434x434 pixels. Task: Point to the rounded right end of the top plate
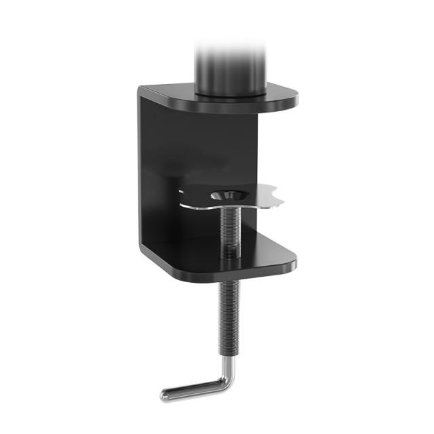pos(292,100)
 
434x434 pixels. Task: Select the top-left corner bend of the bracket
pos(144,91)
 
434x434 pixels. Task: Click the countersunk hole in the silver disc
pos(228,195)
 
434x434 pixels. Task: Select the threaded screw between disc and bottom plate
pos(231,227)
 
